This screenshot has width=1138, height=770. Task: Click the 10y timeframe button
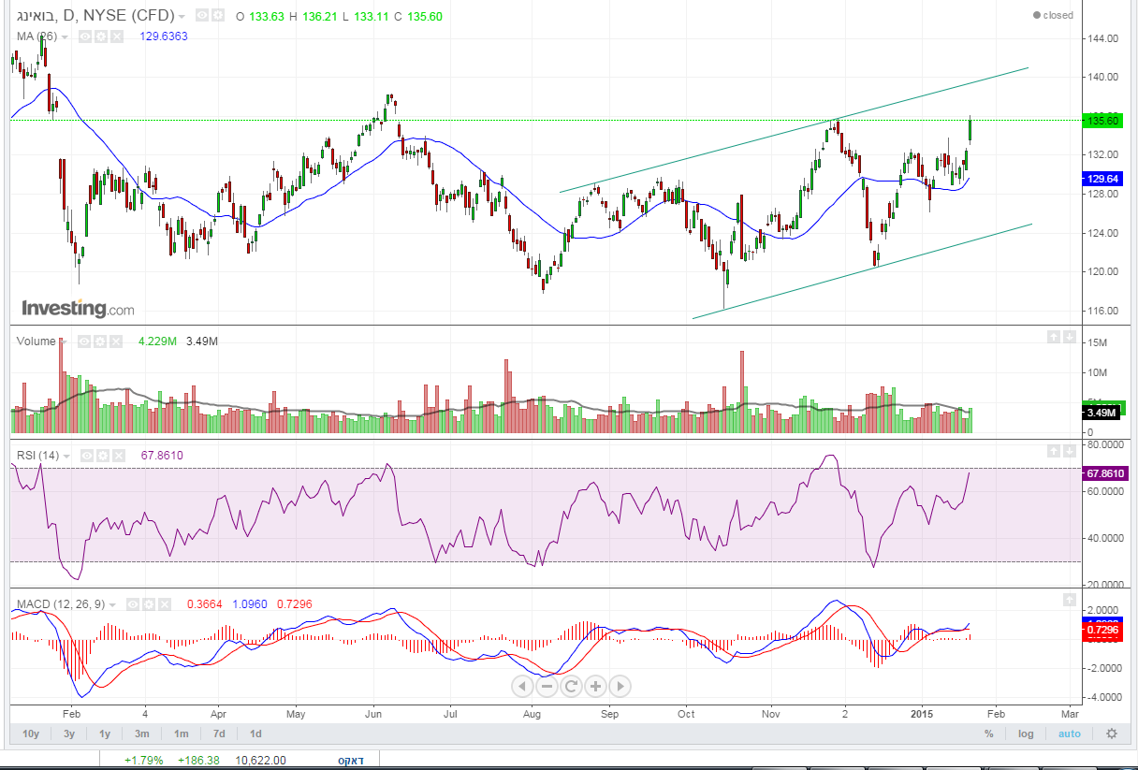31,734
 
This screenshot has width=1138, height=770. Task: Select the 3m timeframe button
141,734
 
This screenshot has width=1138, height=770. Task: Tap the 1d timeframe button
255,734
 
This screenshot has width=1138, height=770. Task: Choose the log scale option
1027,734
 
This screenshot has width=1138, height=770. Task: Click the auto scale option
1069,734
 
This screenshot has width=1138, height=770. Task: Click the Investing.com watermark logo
78,309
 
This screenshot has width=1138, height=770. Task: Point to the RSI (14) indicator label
37,456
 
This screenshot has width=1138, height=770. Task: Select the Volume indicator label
36,341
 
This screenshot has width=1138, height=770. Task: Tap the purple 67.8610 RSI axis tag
1104,473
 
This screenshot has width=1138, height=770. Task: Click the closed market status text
1053,15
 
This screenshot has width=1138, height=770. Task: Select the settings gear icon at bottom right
1111,734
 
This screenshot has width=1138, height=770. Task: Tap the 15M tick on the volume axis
1098,343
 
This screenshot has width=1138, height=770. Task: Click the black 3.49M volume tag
1100,413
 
